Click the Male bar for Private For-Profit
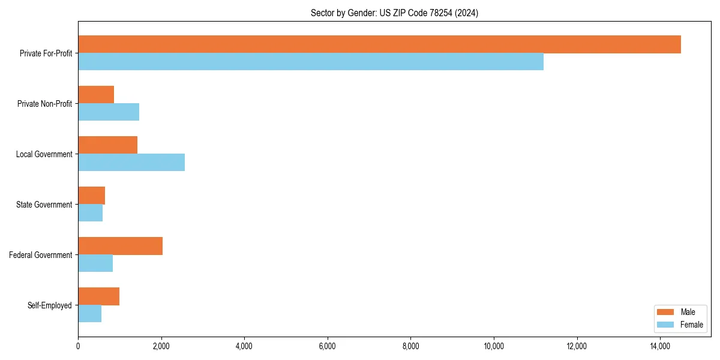click(379, 44)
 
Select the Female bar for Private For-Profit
click(311, 62)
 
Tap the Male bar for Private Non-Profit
click(96, 95)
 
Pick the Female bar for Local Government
click(131, 163)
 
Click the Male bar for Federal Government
click(120, 246)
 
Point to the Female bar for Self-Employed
click(89, 314)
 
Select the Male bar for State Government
click(91, 196)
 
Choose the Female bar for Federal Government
click(95, 263)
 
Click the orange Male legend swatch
click(666, 312)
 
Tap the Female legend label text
click(691, 325)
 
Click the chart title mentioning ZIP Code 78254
click(394, 13)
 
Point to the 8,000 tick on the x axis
click(410, 346)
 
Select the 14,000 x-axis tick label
click(660, 346)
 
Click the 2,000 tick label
click(161, 346)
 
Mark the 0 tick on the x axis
click(78, 346)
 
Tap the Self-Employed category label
click(50, 305)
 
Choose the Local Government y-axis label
click(44, 154)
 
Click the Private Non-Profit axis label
click(45, 104)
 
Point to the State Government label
click(44, 205)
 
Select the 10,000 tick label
click(494, 346)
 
